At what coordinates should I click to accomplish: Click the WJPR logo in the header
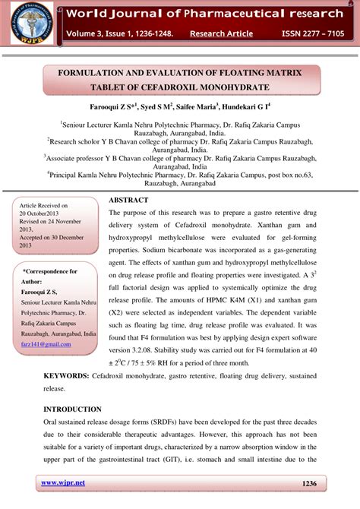click(x=30, y=25)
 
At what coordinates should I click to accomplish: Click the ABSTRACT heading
click(x=128, y=200)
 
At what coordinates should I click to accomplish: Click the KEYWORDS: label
click(x=67, y=376)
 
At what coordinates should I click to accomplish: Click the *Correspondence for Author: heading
click(x=50, y=276)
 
